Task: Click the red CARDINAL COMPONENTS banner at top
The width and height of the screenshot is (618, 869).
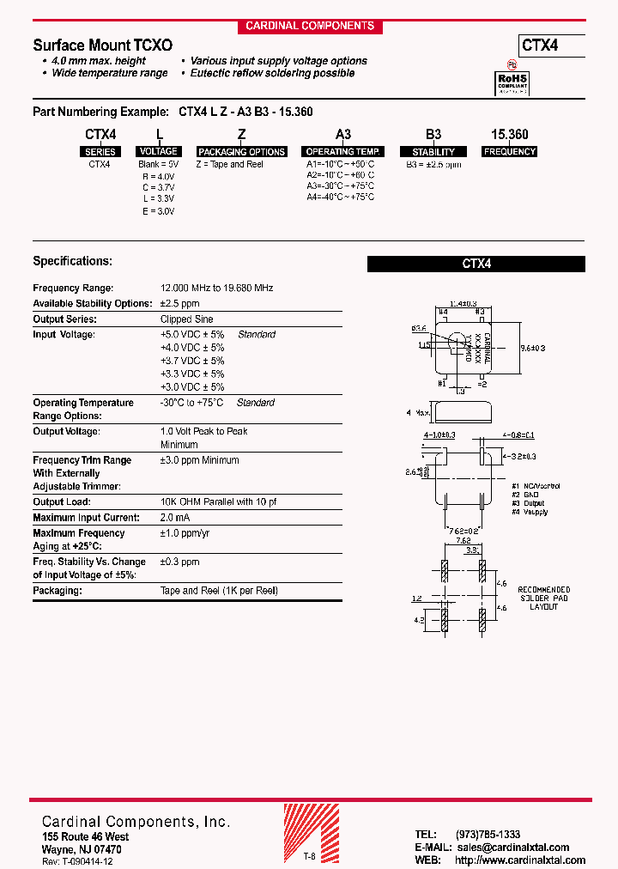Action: click(310, 26)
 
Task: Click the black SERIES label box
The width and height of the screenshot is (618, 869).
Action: click(100, 152)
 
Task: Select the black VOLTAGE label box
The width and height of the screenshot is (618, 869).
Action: click(159, 151)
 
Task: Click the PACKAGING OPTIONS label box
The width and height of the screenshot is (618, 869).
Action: click(242, 152)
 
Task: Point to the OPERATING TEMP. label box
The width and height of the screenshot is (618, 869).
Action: click(342, 152)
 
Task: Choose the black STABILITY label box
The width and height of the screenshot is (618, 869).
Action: click(434, 152)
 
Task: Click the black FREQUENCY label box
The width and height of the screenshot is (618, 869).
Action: click(509, 152)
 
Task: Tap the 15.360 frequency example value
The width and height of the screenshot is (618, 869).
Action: click(509, 135)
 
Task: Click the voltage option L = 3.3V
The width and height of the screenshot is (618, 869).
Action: click(159, 199)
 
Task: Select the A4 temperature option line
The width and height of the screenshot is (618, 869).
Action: click(341, 197)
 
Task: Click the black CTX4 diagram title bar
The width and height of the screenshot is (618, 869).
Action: click(476, 264)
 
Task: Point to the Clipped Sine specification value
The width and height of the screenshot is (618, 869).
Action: click(187, 319)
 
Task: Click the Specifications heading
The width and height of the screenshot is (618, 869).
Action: click(72, 261)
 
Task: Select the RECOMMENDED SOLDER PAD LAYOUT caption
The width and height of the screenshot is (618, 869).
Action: click(542, 599)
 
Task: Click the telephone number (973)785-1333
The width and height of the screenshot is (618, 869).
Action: click(488, 835)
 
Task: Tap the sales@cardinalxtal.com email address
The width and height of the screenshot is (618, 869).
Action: click(512, 848)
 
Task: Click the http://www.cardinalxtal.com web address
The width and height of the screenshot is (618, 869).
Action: click(520, 860)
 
